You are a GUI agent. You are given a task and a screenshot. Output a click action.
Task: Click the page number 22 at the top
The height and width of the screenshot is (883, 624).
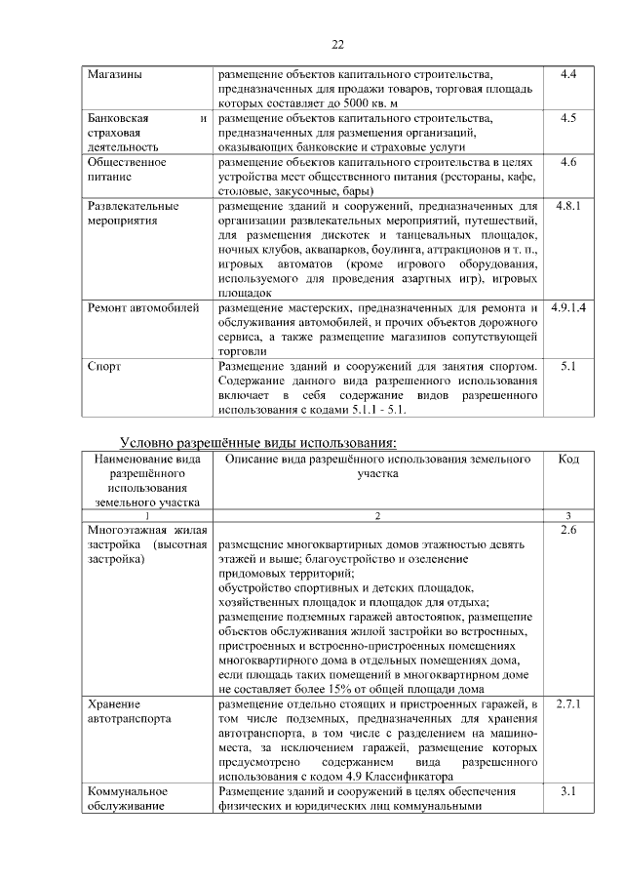tap(338, 44)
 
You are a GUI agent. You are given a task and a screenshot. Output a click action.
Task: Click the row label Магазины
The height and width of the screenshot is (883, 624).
tap(113, 74)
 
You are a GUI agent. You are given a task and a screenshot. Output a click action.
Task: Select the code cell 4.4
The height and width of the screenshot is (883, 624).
tap(569, 74)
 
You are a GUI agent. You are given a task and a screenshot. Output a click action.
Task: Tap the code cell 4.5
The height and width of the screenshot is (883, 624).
tap(569, 118)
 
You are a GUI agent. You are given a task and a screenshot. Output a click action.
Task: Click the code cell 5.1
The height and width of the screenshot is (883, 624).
tap(569, 367)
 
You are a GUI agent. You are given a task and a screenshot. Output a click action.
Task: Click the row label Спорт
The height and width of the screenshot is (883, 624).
tap(104, 367)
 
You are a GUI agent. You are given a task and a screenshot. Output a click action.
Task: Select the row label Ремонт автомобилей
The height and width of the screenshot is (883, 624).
tap(143, 308)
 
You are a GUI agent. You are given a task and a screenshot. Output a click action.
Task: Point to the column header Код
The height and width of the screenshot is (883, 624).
tap(569, 460)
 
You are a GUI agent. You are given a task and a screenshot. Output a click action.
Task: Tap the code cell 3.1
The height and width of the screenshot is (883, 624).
tap(569, 791)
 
